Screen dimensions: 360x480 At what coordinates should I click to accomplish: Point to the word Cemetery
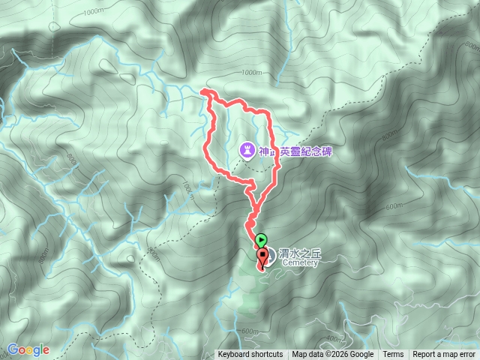(301, 263)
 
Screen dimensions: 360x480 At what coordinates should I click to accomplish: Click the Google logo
(28, 350)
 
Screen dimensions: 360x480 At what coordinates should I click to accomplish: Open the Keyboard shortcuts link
(250, 355)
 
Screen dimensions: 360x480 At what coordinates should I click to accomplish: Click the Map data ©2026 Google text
(333, 355)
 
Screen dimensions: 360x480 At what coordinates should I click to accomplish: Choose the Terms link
(393, 355)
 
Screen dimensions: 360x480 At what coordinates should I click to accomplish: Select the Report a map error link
(445, 355)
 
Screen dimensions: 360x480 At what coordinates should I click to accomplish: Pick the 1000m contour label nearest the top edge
(94, 12)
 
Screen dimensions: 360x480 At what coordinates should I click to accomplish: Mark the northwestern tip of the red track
(204, 91)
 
